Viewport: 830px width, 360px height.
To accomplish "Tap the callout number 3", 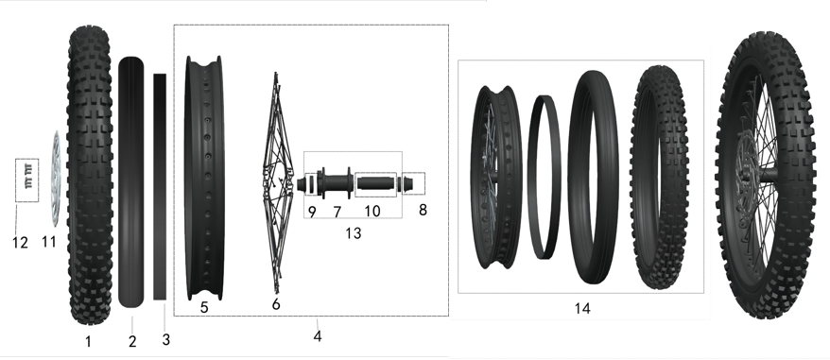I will click(x=166, y=338).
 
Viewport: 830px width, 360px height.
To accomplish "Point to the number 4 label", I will click(x=318, y=337).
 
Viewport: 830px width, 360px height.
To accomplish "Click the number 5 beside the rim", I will click(x=203, y=306).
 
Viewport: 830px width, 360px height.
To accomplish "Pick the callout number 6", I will click(x=276, y=305).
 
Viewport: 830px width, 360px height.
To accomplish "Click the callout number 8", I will click(x=423, y=209).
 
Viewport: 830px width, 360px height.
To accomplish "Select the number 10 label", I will click(x=372, y=211).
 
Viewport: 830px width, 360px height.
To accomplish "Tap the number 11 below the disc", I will click(x=49, y=243).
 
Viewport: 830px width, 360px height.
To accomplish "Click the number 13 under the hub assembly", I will click(x=354, y=232).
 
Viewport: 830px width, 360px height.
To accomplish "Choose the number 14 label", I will click(x=582, y=308).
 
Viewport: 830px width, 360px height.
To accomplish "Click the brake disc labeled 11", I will click(x=55, y=179).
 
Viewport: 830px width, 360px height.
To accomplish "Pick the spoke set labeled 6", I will click(x=275, y=180).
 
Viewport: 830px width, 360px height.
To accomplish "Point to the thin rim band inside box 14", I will click(x=544, y=175).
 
